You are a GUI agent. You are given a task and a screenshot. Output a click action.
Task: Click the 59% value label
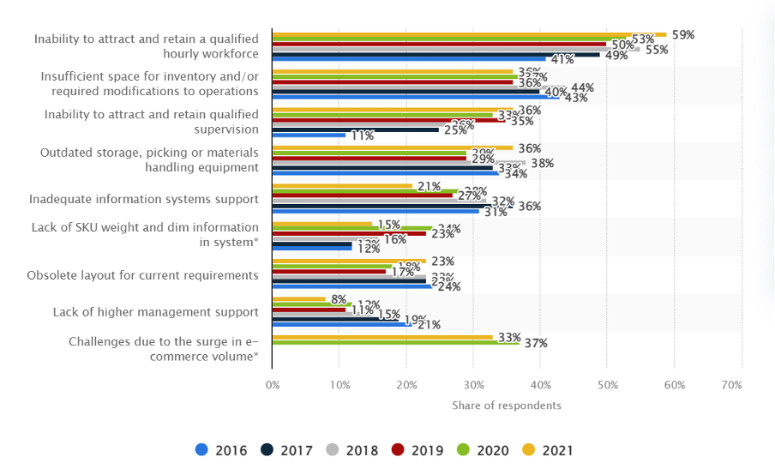click(x=682, y=34)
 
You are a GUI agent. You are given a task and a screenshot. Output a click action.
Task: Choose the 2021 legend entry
click(x=543, y=450)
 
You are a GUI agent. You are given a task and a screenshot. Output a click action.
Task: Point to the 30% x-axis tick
click(x=473, y=386)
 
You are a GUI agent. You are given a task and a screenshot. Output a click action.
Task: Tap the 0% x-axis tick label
click(x=273, y=386)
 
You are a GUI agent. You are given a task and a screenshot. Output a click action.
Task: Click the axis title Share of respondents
click(x=507, y=405)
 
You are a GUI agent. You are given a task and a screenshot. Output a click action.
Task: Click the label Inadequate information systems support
click(x=144, y=199)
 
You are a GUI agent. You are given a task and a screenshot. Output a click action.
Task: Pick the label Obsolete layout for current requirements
click(x=143, y=275)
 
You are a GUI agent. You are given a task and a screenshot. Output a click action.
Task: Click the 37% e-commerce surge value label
click(x=536, y=343)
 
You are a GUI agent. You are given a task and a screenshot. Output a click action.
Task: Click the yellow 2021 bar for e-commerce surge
click(x=382, y=337)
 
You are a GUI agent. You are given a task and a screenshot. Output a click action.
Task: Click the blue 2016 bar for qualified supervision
click(x=309, y=135)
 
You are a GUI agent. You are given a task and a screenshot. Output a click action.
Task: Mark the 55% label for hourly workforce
click(x=657, y=50)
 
